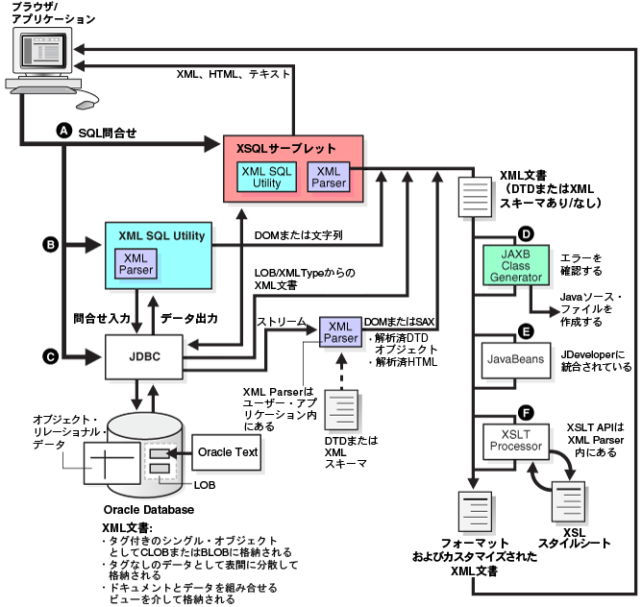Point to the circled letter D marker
pos(525,234)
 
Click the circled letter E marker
pos(525,330)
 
